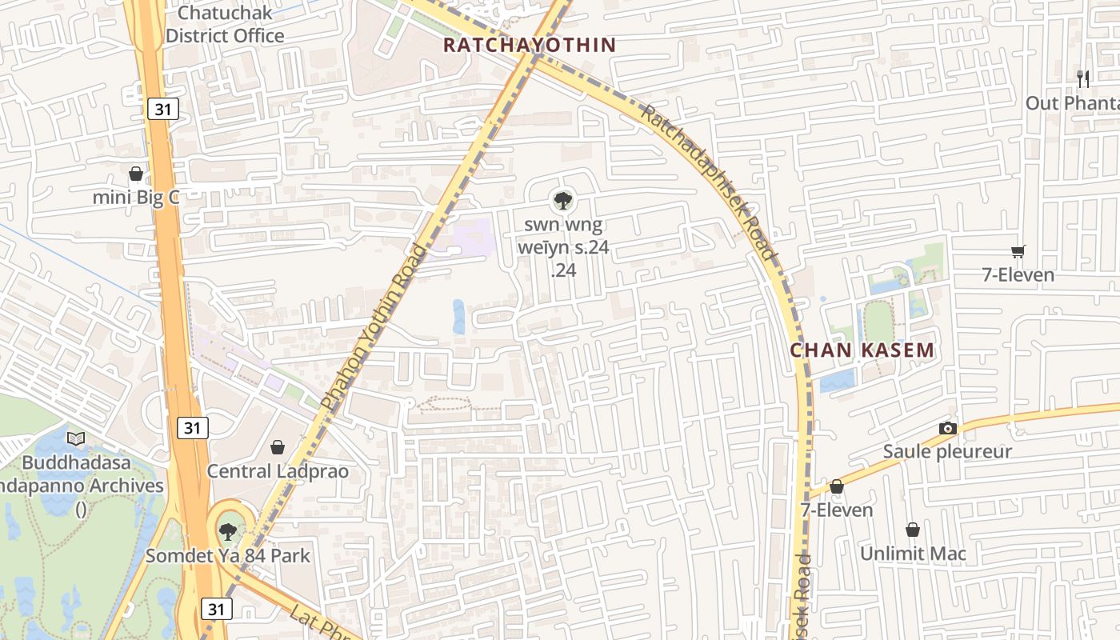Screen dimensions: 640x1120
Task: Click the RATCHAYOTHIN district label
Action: (530, 46)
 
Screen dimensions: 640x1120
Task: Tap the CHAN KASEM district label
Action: (862, 350)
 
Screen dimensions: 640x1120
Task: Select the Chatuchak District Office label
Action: (225, 25)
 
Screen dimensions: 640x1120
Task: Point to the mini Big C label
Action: (136, 198)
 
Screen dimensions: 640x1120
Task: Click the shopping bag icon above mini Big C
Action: (136, 173)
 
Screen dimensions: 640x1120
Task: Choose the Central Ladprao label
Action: (278, 471)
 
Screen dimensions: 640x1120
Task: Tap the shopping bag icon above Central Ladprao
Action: (278, 446)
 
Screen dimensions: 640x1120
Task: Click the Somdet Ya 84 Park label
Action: (228, 555)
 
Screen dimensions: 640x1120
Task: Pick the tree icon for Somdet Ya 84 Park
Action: (228, 530)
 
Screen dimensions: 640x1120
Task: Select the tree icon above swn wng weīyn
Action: (563, 200)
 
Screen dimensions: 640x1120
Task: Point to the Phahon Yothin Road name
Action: (374, 328)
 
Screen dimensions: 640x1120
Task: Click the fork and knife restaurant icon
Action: (1083, 78)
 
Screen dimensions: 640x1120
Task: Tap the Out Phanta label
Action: (1072, 103)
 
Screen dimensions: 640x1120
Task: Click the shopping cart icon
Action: (1018, 251)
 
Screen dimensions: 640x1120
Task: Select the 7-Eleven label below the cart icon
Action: (1018, 275)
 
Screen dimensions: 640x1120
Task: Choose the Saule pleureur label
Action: (947, 452)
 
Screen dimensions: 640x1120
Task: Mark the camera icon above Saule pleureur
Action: (948, 428)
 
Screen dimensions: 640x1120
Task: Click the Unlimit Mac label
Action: (913, 554)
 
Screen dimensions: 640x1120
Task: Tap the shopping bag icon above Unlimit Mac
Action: (913, 530)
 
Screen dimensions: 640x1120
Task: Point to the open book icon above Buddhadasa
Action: (76, 438)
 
